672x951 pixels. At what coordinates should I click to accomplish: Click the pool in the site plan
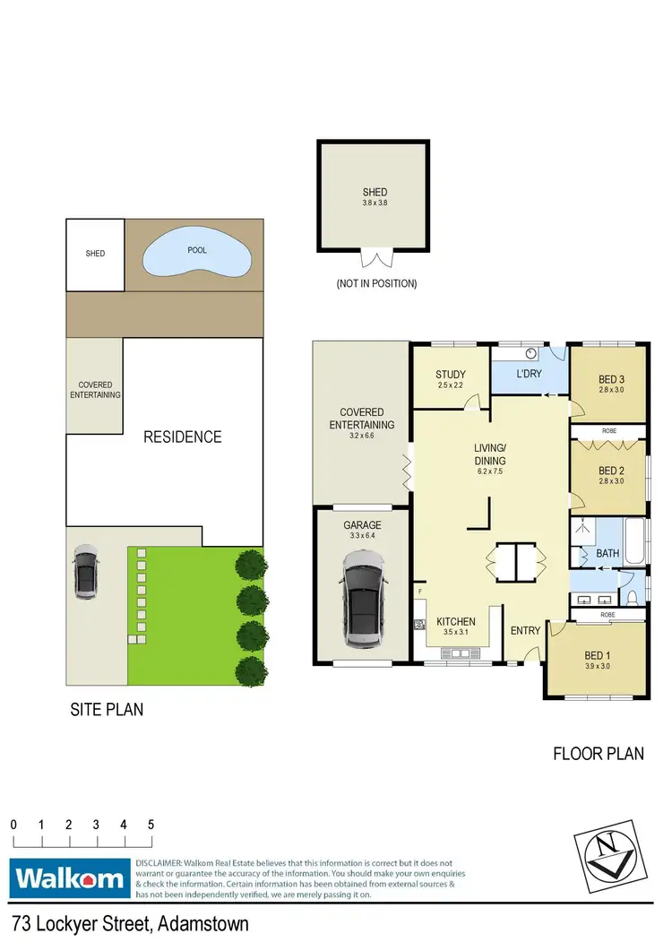tap(196, 255)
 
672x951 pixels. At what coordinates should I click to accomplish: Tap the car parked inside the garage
tap(363, 601)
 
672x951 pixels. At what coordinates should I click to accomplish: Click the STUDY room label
tap(450, 375)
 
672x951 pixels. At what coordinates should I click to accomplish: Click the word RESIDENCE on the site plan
tap(183, 437)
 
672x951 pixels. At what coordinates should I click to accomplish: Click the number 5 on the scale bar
tap(151, 824)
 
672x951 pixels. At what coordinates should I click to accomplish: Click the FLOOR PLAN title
tap(598, 754)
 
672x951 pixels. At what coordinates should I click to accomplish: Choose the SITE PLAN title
tap(107, 710)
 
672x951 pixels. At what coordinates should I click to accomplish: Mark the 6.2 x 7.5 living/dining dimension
tap(490, 471)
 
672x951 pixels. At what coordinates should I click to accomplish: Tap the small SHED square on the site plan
tap(95, 254)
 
